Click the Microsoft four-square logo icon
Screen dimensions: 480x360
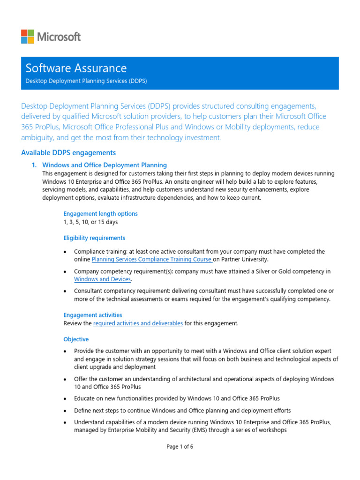click(27, 36)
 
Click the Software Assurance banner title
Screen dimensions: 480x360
click(76, 68)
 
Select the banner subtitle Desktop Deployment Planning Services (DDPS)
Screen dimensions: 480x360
click(86, 81)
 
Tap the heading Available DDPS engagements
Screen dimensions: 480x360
click(68, 153)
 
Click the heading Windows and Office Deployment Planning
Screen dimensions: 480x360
click(105, 165)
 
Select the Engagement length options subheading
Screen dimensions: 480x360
click(101, 214)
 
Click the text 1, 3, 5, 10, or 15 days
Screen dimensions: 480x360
click(91, 222)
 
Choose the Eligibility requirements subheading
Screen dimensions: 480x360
click(94, 238)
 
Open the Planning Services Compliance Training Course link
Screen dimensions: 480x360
click(152, 259)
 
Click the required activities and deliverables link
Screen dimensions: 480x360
click(138, 323)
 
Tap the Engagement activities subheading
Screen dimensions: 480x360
click(93, 315)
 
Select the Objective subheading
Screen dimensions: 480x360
click(76, 339)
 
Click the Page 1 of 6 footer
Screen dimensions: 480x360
click(180, 447)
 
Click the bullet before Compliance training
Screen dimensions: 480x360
click(65, 252)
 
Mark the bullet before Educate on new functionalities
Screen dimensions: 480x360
click(65, 399)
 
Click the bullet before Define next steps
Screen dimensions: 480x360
click(65, 411)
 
